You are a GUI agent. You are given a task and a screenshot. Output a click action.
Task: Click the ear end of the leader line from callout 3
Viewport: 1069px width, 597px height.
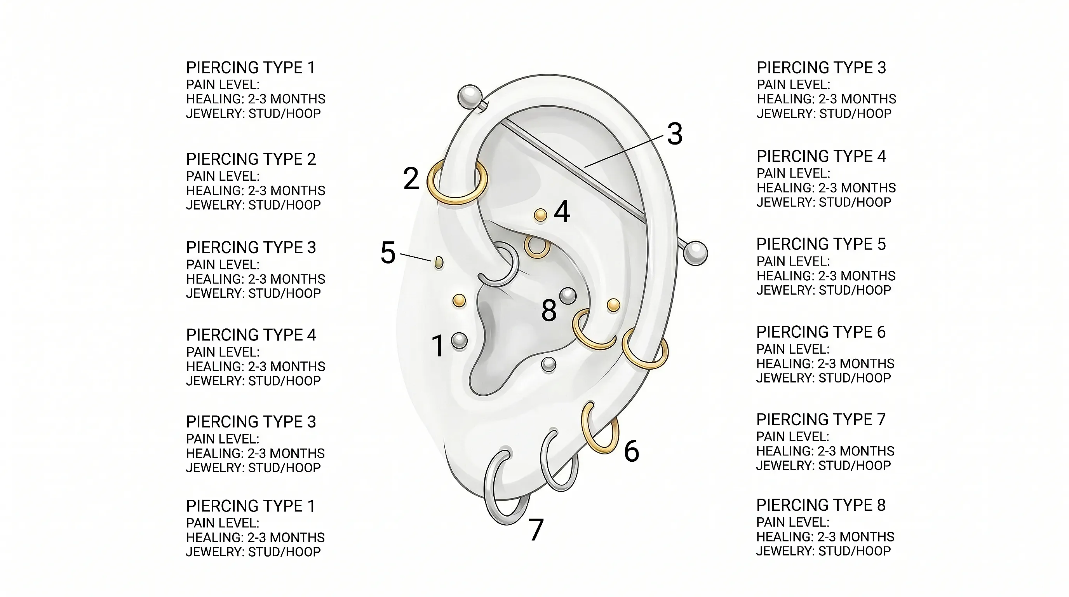(585, 167)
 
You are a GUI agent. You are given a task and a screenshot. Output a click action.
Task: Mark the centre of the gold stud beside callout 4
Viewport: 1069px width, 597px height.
(540, 215)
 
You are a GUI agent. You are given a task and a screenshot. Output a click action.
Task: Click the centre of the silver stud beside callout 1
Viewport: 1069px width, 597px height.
(459, 341)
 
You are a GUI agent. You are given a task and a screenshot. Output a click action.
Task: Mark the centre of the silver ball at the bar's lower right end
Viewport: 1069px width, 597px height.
(695, 253)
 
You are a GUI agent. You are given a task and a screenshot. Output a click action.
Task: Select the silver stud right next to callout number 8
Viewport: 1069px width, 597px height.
(568, 296)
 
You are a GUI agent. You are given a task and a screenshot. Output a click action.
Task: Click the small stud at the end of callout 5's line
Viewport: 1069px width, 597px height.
(438, 262)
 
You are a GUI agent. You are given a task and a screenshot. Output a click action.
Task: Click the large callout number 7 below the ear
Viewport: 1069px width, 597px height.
(536, 530)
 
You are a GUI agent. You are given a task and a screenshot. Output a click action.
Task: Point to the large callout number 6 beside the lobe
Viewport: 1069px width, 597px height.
(632, 451)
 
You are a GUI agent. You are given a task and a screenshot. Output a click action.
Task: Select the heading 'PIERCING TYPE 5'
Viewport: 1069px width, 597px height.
(821, 244)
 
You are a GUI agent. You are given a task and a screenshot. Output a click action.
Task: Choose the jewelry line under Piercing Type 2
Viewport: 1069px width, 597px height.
(253, 205)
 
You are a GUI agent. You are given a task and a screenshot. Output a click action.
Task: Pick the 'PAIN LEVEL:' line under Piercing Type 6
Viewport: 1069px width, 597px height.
(792, 349)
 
